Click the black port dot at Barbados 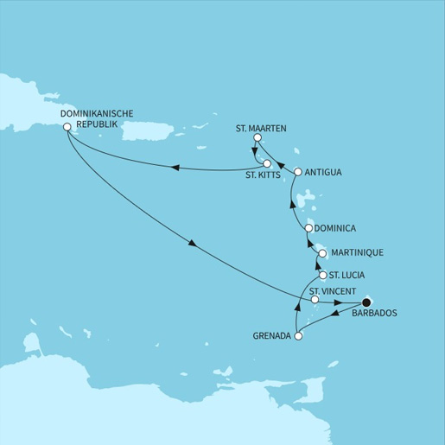coord(366,302)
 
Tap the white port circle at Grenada coord(299,336)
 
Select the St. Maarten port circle coord(257,138)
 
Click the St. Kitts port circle coord(268,164)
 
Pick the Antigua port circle coord(298,172)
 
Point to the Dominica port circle coord(308,228)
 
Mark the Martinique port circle coord(322,254)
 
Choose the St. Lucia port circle coord(322,276)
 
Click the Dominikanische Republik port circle coord(67,127)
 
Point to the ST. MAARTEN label coord(261,128)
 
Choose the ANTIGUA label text coord(324,172)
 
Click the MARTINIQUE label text coord(356,253)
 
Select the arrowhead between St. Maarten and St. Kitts coord(254,155)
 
